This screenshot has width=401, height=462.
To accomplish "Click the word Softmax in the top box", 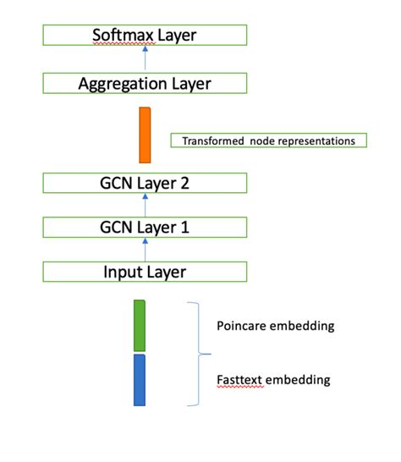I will [x=120, y=36].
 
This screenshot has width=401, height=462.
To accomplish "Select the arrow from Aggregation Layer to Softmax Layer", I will [x=145, y=58].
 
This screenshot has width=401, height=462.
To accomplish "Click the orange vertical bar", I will [x=145, y=135].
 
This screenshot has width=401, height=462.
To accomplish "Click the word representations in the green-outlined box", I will [x=314, y=140].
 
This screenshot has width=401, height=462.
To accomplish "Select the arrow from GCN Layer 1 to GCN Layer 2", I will [x=145, y=206].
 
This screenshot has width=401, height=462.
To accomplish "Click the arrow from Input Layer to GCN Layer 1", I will [x=145, y=250].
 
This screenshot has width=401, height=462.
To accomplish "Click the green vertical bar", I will [x=140, y=324].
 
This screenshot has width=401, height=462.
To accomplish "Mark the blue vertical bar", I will [x=140, y=380].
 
